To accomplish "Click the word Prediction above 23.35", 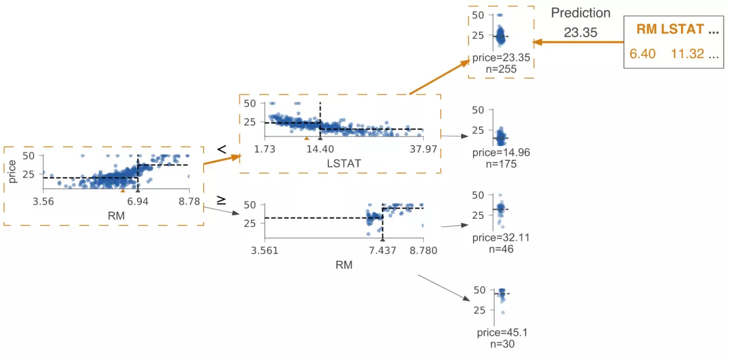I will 580,13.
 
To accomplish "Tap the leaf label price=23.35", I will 500,58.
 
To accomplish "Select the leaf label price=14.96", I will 500,153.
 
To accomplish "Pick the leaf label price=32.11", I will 500,238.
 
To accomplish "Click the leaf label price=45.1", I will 500,332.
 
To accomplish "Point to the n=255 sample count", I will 500,69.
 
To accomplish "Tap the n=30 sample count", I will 500,343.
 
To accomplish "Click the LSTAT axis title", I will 343,163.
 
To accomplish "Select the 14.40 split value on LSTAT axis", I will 320,149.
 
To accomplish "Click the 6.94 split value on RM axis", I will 138,201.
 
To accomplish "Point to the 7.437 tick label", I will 382,251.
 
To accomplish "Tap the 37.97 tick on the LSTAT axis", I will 423,149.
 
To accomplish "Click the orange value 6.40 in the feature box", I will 642,53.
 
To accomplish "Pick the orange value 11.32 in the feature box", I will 687,53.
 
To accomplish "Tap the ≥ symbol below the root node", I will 221,201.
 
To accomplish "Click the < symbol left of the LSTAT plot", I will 221,148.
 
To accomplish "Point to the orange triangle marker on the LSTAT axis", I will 306,138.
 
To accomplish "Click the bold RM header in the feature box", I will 646,29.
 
